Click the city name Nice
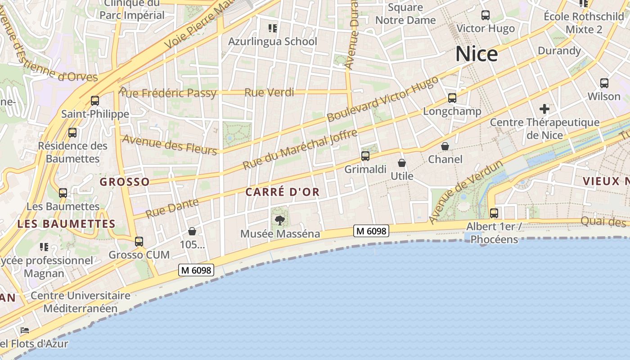[x=477, y=54]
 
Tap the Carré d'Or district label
[x=283, y=192]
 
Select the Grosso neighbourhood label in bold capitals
[x=125, y=182]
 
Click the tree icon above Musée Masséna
[x=280, y=220]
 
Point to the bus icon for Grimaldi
[x=365, y=156]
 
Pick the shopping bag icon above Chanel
[x=445, y=146]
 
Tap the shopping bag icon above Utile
[x=402, y=163]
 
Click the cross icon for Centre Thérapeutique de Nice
[x=544, y=108]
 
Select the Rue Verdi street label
[x=269, y=93]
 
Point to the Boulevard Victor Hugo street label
[x=382, y=99]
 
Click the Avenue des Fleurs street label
[x=170, y=144]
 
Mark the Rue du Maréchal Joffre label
[x=300, y=149]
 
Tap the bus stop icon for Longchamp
[x=452, y=98]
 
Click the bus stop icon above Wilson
[x=604, y=83]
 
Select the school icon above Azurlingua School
[x=272, y=28]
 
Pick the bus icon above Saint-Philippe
[x=95, y=100]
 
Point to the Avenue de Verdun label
[x=465, y=192]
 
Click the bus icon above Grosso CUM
[x=139, y=242]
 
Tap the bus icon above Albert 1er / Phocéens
[x=494, y=213]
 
